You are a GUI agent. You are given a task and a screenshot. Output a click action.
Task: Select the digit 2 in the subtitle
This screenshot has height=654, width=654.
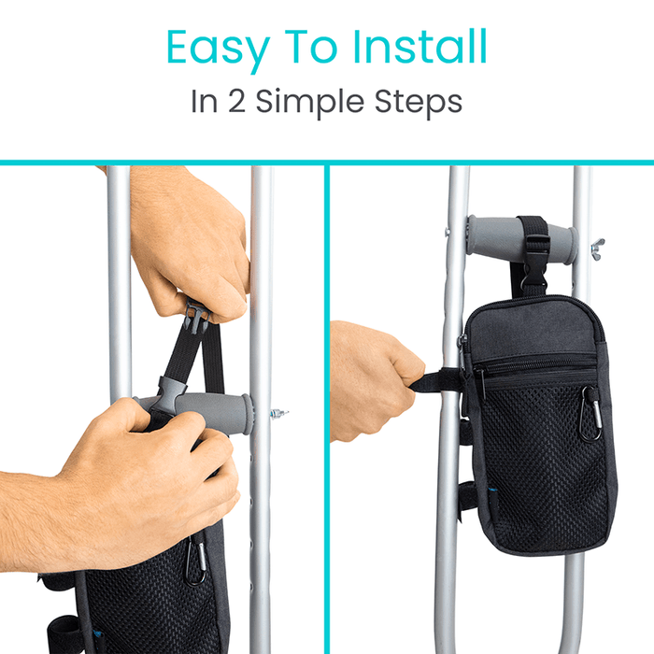237,101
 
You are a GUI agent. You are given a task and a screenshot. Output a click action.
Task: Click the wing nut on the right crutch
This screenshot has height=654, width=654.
597,249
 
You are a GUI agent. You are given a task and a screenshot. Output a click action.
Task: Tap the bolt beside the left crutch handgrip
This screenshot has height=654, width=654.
278,414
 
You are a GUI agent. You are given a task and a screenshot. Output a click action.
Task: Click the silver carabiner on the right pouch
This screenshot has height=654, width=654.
591,413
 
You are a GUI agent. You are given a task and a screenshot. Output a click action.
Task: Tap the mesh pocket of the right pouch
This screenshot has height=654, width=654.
546,463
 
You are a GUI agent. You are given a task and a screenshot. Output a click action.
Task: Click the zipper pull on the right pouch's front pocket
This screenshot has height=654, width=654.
481,384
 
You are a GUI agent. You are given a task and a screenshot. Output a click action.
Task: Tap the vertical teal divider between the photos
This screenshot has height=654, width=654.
327,409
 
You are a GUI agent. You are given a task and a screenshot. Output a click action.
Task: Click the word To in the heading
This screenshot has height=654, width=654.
311,47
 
